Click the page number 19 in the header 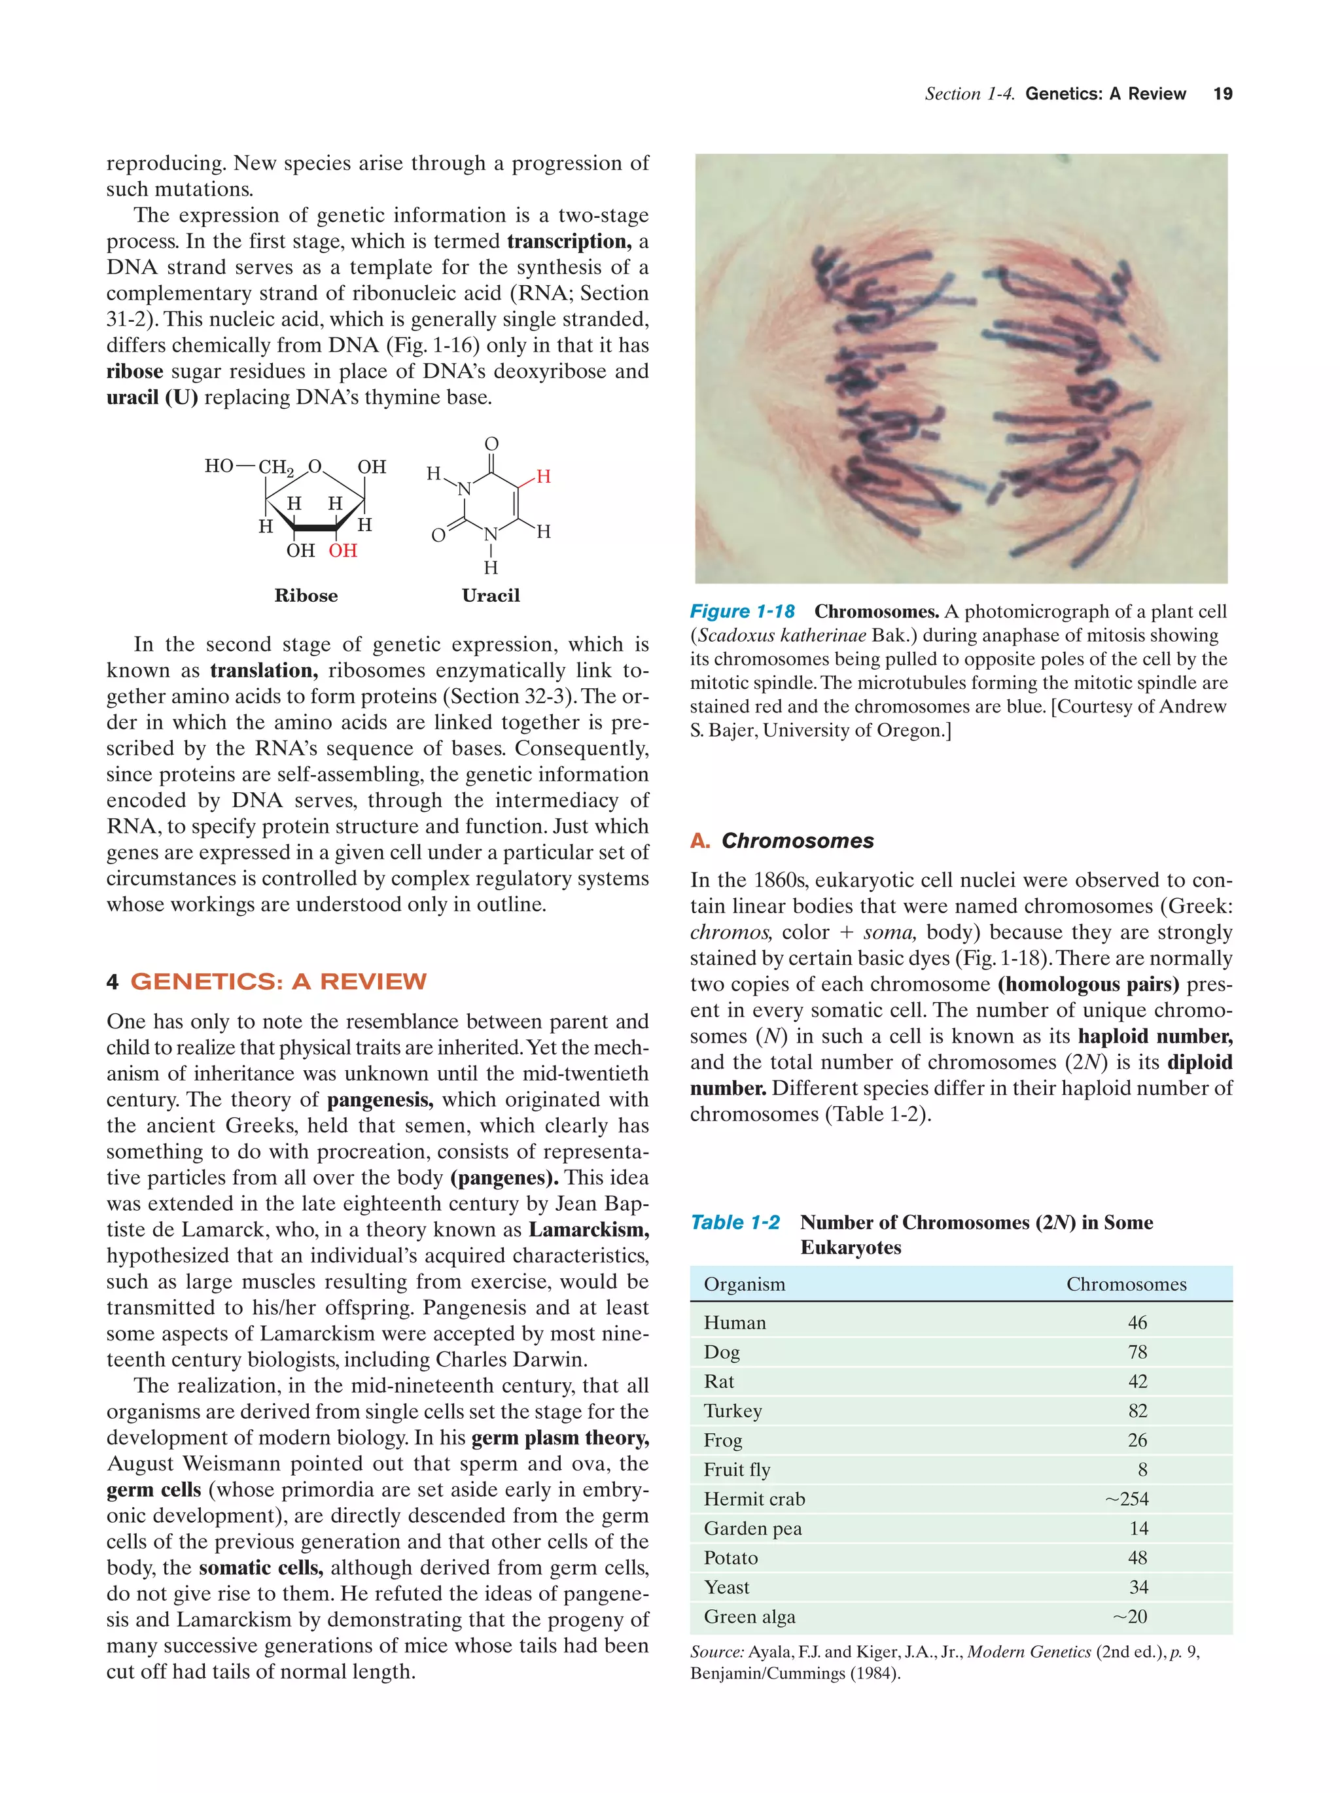[1222, 94]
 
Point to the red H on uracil [543, 477]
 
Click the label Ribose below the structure [306, 596]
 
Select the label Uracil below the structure [491, 596]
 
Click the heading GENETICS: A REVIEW [277, 982]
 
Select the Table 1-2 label [734, 1223]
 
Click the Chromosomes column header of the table [1125, 1284]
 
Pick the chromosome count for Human [1137, 1323]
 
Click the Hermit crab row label [754, 1499]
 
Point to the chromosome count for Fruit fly [1141, 1470]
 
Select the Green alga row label [749, 1617]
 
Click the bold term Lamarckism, [588, 1230]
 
